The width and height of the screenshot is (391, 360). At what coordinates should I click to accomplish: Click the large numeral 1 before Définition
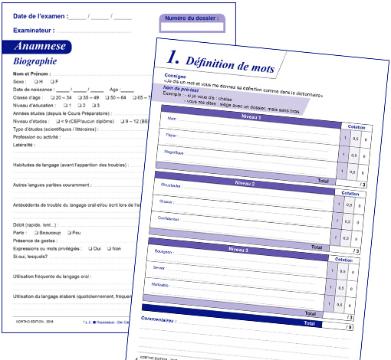coord(172,58)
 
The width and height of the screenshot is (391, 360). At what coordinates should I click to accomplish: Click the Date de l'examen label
coord(40,15)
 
